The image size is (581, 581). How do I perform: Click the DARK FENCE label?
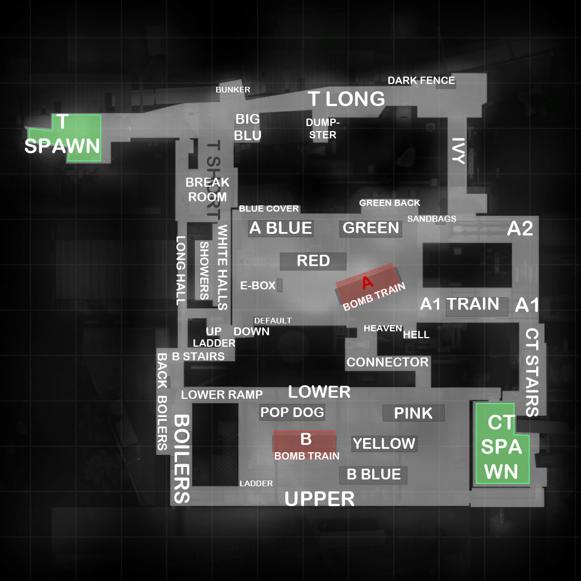click(x=421, y=81)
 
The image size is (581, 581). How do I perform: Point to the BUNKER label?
click(x=233, y=90)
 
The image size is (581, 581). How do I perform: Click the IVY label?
click(x=458, y=150)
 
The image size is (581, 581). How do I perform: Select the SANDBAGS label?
click(x=432, y=218)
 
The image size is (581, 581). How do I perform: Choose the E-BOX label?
click(x=258, y=285)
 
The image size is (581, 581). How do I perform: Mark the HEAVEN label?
click(x=382, y=328)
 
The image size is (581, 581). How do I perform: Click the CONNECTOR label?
click(x=388, y=362)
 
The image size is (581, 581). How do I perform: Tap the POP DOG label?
click(x=292, y=412)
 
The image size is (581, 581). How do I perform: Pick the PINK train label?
click(x=413, y=413)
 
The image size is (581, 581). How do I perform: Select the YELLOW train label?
click(x=384, y=443)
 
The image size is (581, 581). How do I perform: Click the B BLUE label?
click(x=374, y=474)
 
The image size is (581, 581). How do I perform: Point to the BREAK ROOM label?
click(x=208, y=190)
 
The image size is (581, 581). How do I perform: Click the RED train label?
click(x=313, y=261)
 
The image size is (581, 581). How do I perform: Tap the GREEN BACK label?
click(x=390, y=203)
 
